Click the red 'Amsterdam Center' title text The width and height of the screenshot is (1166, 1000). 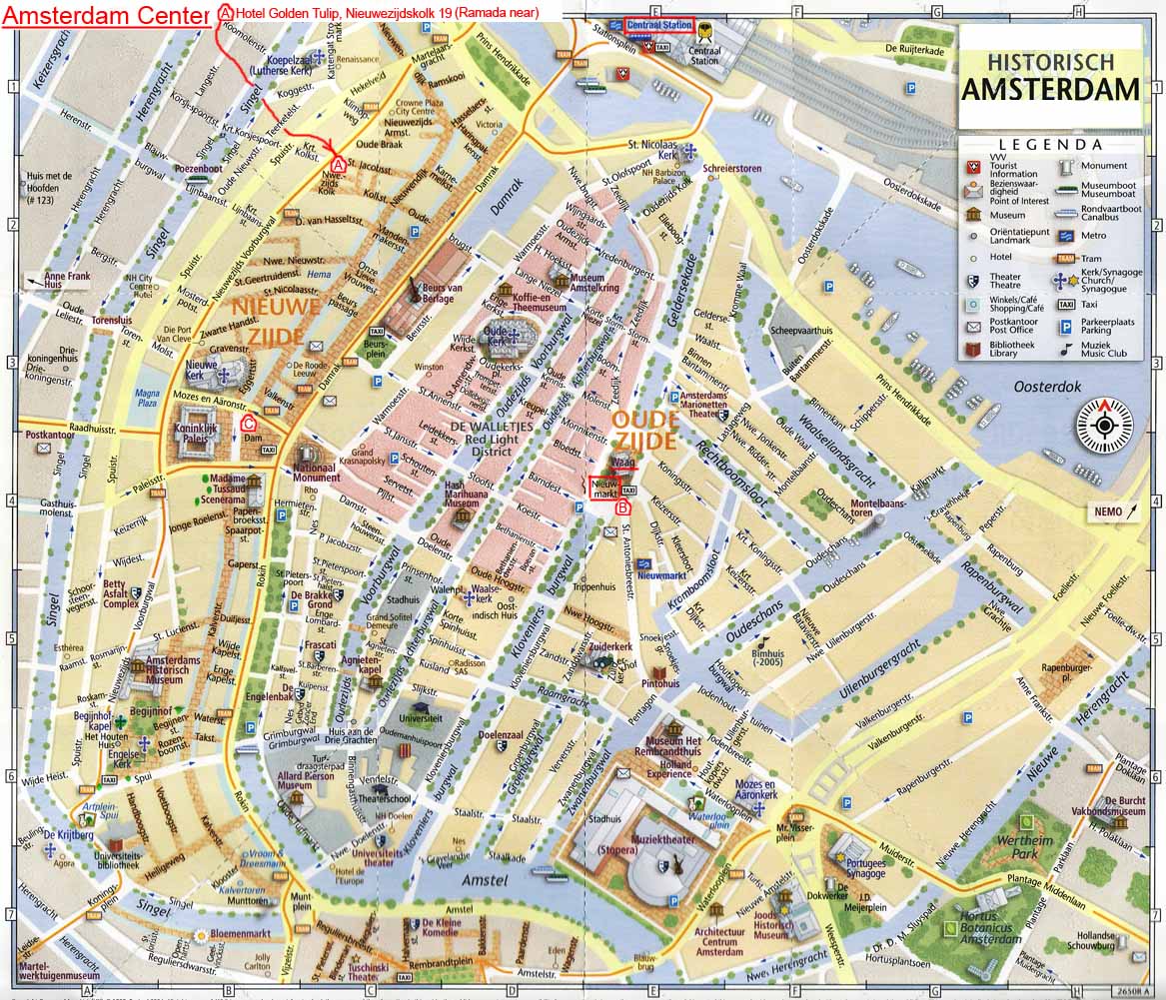[x=105, y=14]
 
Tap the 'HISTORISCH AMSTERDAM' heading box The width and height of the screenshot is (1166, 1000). [x=1049, y=77]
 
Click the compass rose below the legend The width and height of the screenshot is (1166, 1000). [x=1106, y=424]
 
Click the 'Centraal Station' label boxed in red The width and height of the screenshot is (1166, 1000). [x=658, y=24]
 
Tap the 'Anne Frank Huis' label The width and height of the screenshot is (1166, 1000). [x=68, y=280]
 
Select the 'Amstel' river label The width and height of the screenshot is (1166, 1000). [x=485, y=879]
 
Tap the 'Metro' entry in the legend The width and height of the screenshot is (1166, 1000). [x=1093, y=236]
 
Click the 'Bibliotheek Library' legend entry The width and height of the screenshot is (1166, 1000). [x=1013, y=347]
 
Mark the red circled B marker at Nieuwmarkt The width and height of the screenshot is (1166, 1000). [x=623, y=507]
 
